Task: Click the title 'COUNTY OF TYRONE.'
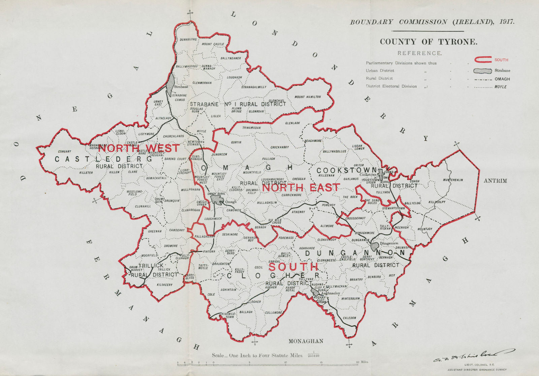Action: pos(428,42)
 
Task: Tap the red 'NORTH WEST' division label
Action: pos(139,148)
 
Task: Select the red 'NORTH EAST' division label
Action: pos(300,187)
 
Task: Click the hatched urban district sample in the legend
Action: pos(480,71)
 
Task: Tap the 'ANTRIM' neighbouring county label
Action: pos(495,181)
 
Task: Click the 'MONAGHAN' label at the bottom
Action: pos(306,341)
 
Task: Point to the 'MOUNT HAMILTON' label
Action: pos(308,97)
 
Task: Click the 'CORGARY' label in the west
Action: pos(65,151)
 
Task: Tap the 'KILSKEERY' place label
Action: pos(165,285)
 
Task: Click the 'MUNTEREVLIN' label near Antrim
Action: pos(453,180)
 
